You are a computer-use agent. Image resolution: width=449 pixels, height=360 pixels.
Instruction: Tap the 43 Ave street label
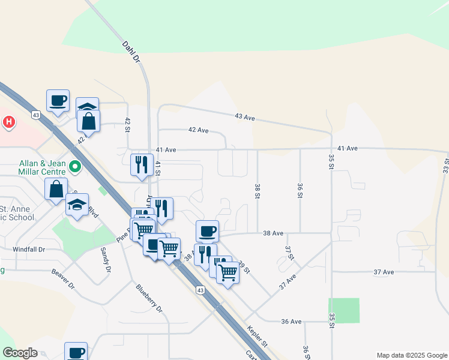(x=245, y=117)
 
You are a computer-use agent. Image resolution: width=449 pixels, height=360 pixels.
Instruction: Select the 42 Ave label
(x=198, y=130)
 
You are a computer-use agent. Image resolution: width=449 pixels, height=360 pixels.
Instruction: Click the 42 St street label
(x=127, y=125)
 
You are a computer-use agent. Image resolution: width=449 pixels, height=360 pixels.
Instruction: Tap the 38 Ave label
(x=273, y=233)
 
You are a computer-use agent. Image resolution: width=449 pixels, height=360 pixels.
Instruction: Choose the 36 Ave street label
(x=291, y=322)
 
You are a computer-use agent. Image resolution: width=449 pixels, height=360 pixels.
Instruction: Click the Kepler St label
(x=260, y=337)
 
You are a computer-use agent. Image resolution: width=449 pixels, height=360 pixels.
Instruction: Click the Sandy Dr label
(x=106, y=260)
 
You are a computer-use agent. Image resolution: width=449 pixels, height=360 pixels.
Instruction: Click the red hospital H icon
(x=8, y=122)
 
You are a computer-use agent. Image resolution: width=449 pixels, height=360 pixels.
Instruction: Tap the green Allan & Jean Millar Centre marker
(x=75, y=167)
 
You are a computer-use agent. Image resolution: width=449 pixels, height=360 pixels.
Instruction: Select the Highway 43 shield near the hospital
(x=37, y=115)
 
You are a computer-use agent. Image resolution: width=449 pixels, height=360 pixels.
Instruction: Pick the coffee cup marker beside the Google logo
(x=76, y=352)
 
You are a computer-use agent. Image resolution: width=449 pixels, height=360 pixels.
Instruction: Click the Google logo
(x=20, y=353)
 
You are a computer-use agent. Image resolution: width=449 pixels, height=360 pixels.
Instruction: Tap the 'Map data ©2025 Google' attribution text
(x=411, y=355)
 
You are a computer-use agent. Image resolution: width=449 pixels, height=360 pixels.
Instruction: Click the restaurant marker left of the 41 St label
(x=142, y=165)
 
